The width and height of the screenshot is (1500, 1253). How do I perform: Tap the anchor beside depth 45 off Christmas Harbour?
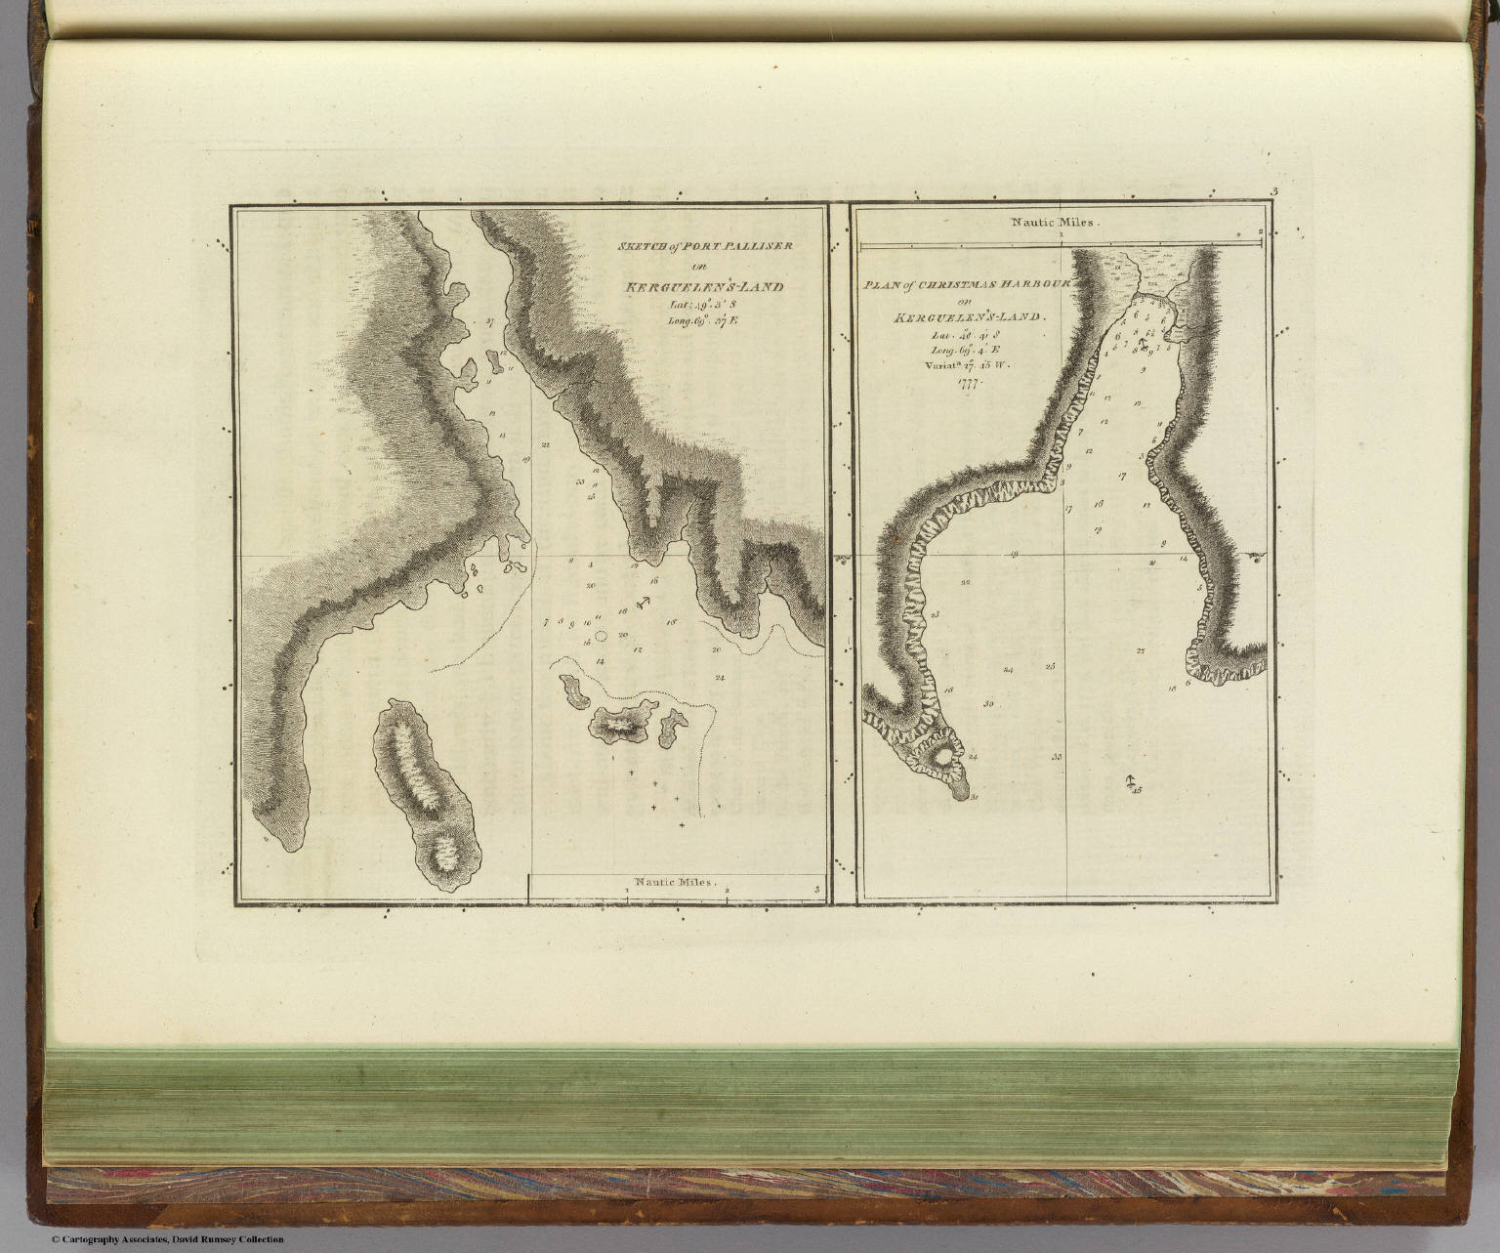tap(1129, 781)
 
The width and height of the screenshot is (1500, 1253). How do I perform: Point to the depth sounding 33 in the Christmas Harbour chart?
tap(1057, 757)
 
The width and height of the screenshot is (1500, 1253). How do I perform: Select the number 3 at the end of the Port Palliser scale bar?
tap(816, 889)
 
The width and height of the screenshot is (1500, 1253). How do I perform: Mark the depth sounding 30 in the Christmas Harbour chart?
tap(988, 704)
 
